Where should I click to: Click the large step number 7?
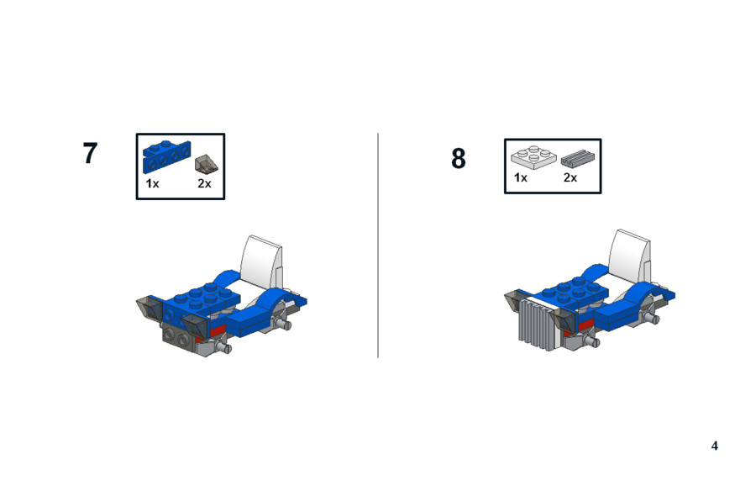click(90, 153)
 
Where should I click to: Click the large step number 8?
click(459, 158)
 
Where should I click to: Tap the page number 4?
click(715, 446)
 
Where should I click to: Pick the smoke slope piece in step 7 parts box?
click(207, 164)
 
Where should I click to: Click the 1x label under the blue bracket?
click(152, 183)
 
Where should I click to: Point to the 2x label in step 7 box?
click(204, 183)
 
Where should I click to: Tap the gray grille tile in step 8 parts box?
click(578, 157)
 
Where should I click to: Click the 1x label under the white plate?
click(521, 177)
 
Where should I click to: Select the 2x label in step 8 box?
click(570, 177)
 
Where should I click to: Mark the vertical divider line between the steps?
click(378, 245)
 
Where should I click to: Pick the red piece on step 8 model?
click(585, 325)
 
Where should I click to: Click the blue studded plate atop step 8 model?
click(574, 292)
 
